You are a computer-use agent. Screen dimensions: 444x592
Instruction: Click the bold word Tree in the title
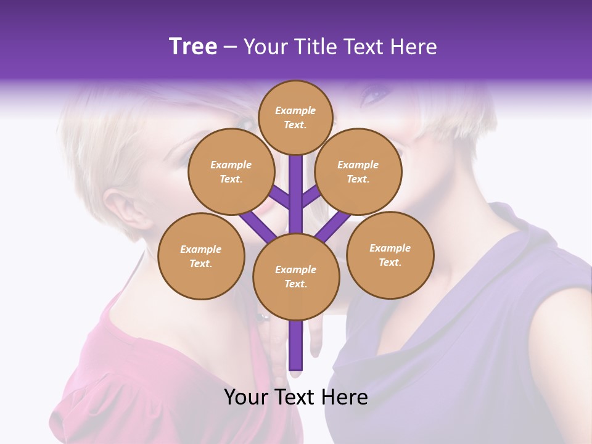point(193,47)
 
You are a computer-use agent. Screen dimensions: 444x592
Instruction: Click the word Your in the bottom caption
point(245,397)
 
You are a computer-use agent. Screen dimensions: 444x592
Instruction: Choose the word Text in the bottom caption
point(295,397)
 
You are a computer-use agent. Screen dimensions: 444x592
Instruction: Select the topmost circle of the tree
point(295,117)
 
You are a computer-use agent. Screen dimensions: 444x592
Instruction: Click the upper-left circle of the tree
point(231,171)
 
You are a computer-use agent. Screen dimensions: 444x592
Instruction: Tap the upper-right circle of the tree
point(358,171)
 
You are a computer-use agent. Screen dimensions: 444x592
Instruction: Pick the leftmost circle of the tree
point(200,256)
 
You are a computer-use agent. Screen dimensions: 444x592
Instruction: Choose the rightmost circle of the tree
point(390,255)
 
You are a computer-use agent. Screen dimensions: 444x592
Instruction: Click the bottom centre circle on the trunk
point(295,276)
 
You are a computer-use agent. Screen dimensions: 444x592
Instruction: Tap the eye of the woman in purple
point(375,94)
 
